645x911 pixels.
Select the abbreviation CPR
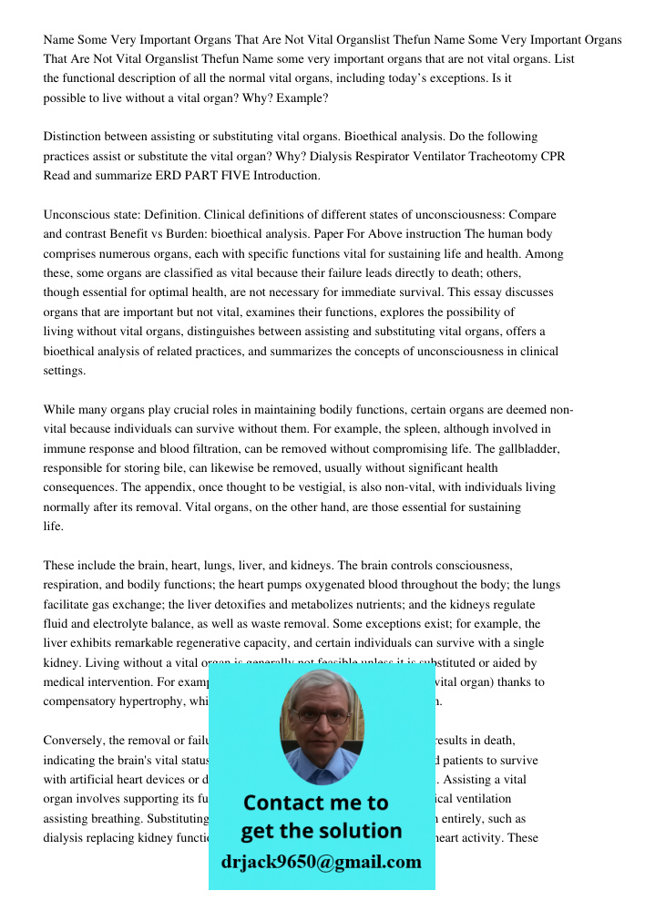pyautogui.click(x=554, y=156)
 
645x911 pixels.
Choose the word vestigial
pyautogui.click(x=330, y=487)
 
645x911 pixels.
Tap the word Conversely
pyautogui.click(x=75, y=741)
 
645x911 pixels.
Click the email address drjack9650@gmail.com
pyautogui.click(x=321, y=861)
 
